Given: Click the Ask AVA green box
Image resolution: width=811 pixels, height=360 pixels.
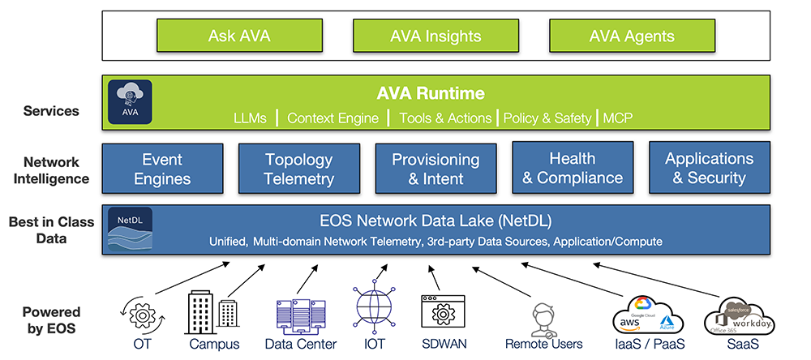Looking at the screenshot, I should (238, 36).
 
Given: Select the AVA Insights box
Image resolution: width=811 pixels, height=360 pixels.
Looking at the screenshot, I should (436, 36).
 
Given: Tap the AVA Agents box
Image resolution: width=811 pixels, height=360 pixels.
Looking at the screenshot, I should (632, 36).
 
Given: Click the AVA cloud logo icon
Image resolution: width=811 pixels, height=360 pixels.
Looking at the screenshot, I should (130, 101).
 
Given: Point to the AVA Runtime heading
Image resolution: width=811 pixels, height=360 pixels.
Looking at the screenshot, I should (431, 93).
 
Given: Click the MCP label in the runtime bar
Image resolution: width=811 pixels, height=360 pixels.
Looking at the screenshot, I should (617, 118).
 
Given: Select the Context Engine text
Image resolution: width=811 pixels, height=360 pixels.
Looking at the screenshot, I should (333, 118).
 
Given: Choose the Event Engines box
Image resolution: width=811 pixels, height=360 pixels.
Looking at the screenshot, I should (162, 169).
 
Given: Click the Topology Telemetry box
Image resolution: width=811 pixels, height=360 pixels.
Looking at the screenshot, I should (299, 169).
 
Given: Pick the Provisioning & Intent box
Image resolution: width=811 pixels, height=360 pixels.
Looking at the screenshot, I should (436, 169).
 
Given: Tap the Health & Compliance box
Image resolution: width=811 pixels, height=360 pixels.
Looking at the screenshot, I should (573, 168).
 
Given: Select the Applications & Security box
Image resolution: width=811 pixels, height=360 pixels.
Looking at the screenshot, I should (710, 168).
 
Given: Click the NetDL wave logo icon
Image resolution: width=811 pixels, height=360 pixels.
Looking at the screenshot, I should (130, 230).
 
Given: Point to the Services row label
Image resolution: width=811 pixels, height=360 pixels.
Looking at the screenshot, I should (51, 111).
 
